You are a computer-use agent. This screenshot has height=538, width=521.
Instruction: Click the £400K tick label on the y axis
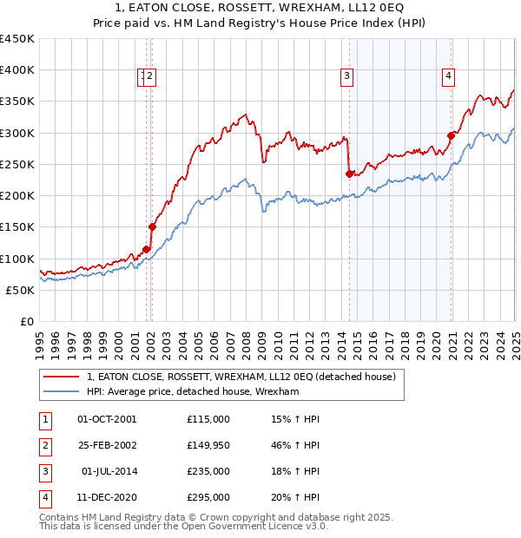point(17,70)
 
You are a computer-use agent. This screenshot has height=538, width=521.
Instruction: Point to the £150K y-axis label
point(17,227)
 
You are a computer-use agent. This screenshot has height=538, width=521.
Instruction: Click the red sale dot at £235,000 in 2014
point(349,174)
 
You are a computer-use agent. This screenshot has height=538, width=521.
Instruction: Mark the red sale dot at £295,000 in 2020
point(452,135)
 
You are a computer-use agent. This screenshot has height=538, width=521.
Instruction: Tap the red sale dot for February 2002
point(152,227)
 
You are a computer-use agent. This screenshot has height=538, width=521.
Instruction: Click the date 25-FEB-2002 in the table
point(107,445)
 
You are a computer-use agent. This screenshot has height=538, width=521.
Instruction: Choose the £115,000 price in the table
point(208,419)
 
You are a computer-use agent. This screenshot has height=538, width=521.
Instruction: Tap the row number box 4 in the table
point(44,497)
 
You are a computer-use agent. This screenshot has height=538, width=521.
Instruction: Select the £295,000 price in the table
point(208,497)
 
